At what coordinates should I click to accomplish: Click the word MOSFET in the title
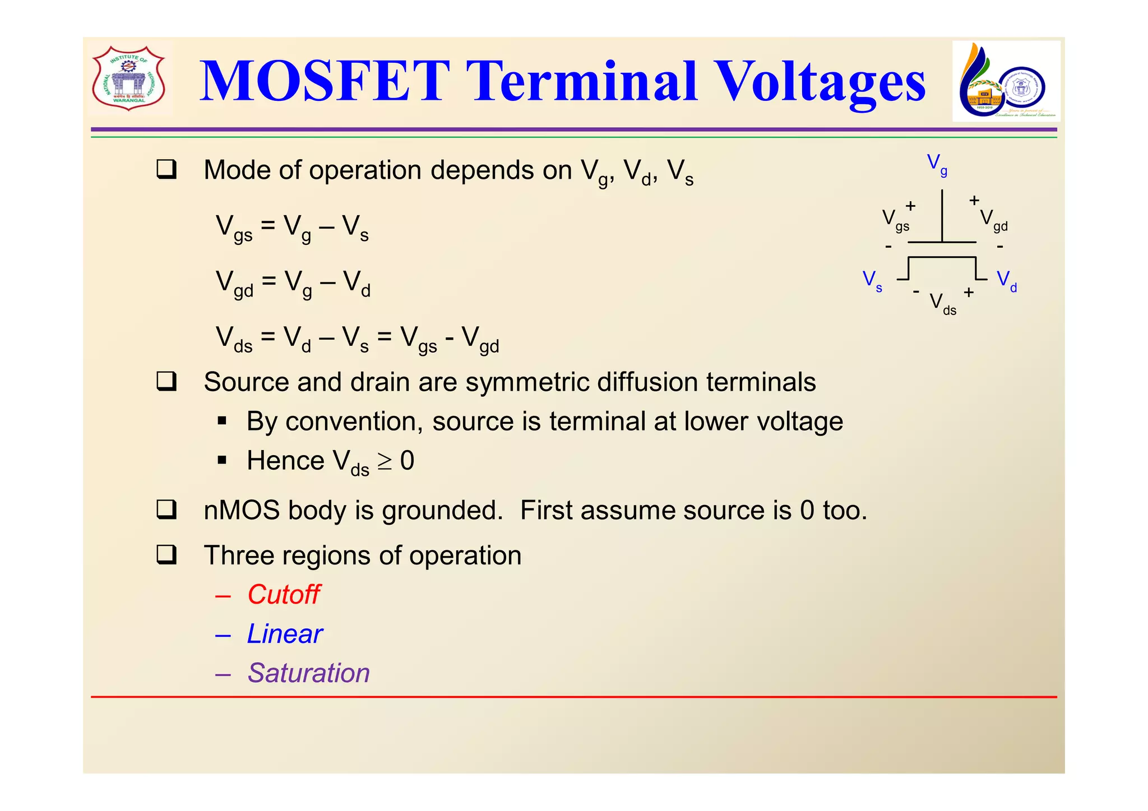tap(325, 82)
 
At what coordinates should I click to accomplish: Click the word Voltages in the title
tap(821, 83)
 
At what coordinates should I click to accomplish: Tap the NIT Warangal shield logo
tap(129, 78)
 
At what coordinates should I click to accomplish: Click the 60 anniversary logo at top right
tap(1006, 82)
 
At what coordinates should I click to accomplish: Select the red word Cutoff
tap(284, 594)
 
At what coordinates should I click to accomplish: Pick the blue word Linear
tap(285, 634)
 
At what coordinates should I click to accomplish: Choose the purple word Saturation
tap(309, 673)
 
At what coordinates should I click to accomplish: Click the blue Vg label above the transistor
tap(937, 164)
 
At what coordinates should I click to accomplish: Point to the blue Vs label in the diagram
tap(872, 280)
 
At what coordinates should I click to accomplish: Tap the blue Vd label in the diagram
tap(1006, 280)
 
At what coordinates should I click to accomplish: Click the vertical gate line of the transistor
tap(942, 216)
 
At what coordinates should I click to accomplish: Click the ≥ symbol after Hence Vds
tap(385, 461)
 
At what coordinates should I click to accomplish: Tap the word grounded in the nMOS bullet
tap(442, 511)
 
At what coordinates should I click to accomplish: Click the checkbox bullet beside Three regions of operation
tap(166, 555)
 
